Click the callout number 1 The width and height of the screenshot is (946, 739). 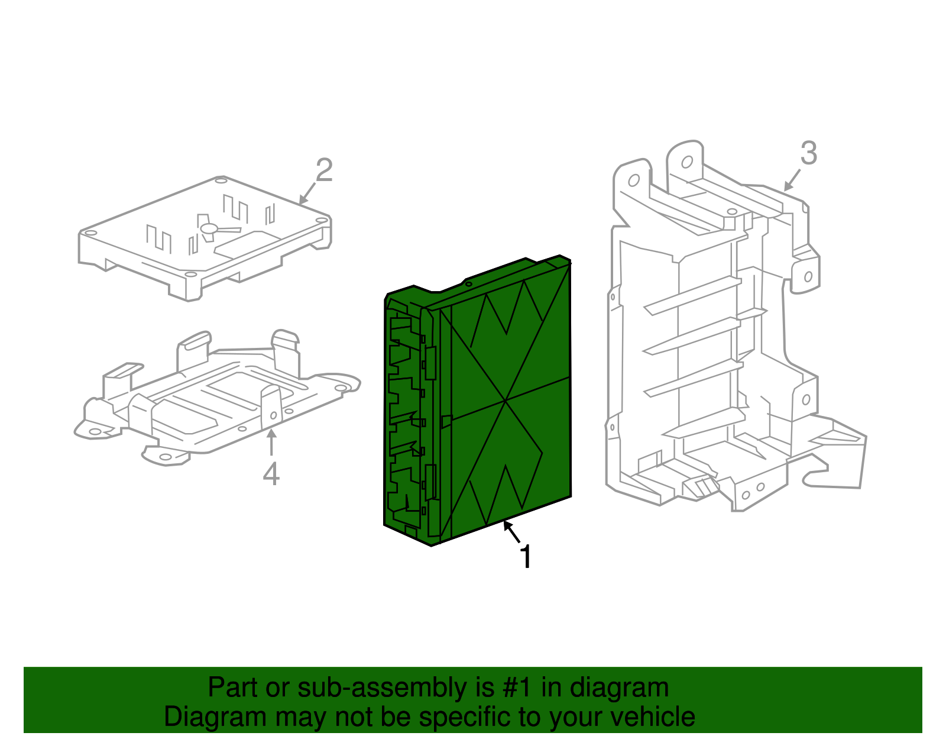point(526,557)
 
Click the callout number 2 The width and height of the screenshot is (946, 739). point(324,170)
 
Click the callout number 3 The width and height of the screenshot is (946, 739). point(809,153)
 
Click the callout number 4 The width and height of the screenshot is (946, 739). point(271,474)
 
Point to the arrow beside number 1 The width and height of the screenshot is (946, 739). point(512,531)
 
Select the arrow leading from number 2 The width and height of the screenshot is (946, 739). point(307,193)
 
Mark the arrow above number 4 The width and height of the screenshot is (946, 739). point(271,443)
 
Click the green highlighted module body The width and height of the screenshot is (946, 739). point(508,402)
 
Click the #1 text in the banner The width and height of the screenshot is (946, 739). point(518,688)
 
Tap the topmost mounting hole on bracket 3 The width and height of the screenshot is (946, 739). point(687,162)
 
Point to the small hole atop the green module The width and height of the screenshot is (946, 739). point(468,284)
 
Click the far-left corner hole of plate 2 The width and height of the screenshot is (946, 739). point(90,233)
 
